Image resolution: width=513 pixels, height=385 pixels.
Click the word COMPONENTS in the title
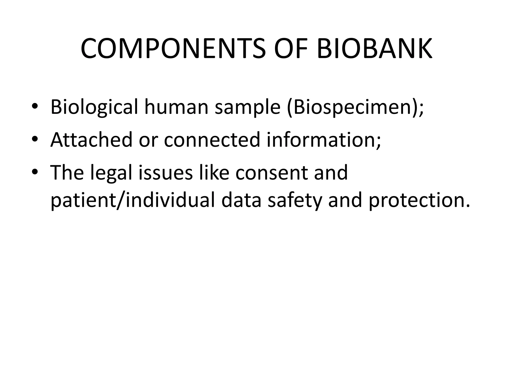coord(173,49)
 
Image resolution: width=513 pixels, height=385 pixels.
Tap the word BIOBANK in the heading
coord(374,49)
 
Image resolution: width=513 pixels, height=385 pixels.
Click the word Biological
coord(94,107)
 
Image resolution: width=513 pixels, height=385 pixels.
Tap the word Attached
coord(91,140)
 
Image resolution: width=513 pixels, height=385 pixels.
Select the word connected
coord(212,140)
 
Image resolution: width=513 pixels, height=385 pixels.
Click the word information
coord(323,140)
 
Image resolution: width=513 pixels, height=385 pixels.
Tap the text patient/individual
coord(133,201)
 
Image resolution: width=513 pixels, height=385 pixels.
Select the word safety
coord(295,201)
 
